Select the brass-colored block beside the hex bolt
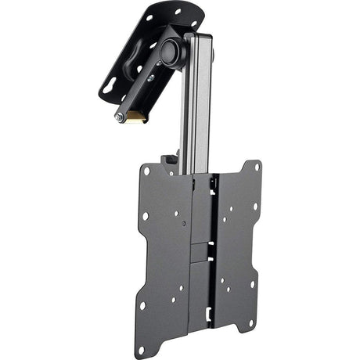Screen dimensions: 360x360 [x=137, y=118]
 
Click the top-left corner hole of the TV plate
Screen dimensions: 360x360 [x=146, y=171]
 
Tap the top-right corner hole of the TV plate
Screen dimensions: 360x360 [x=256, y=166]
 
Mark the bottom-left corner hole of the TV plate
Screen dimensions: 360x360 [x=142, y=306]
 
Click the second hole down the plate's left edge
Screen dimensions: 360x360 [x=145, y=216]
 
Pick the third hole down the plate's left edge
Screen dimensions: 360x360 [x=143, y=261]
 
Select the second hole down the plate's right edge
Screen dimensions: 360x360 [x=255, y=207]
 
